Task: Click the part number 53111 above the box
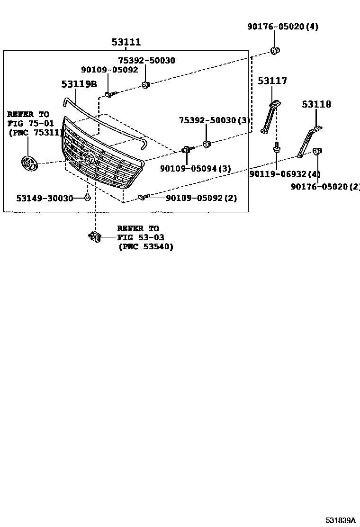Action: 126,42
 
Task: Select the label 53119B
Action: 79,84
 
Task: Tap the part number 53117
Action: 272,81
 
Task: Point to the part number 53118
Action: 317,104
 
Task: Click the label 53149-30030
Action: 45,198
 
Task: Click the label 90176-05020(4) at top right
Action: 283,27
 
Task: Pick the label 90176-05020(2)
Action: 325,187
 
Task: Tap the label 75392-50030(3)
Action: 215,121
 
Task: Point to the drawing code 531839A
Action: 340,520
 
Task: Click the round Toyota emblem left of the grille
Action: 29,164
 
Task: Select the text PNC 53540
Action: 145,246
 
